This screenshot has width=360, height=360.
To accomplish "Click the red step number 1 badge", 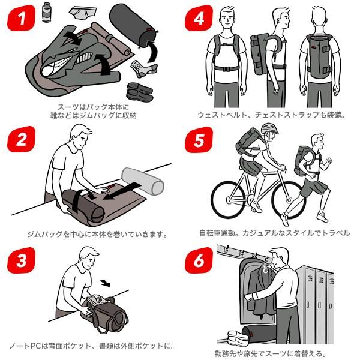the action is pyautogui.click(x=21, y=18).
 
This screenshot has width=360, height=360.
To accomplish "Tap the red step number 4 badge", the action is pyautogui.click(x=199, y=18).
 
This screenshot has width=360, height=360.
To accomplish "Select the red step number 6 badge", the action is pyautogui.click(x=199, y=260).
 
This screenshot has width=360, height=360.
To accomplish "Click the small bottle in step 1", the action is pyautogui.click(x=47, y=12).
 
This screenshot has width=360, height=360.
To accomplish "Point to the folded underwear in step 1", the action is pyautogui.click(x=83, y=13).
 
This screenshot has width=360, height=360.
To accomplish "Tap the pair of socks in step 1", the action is pyautogui.click(x=144, y=68).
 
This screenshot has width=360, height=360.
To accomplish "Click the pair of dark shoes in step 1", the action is pyautogui.click(x=140, y=92).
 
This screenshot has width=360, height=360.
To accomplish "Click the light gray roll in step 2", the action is pyautogui.click(x=143, y=181).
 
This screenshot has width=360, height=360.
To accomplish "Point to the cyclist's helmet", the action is pyautogui.click(x=269, y=128).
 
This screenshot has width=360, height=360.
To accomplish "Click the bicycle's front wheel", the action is pyautogui.click(x=289, y=200).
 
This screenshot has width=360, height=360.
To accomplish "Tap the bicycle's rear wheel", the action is pyautogui.click(x=229, y=200).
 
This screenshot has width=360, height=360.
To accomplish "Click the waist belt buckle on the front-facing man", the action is pyautogui.click(x=226, y=68).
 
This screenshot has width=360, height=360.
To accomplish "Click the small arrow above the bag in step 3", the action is pyautogui.click(x=106, y=283).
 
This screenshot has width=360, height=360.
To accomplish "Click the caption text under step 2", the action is pyautogui.click(x=97, y=234).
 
